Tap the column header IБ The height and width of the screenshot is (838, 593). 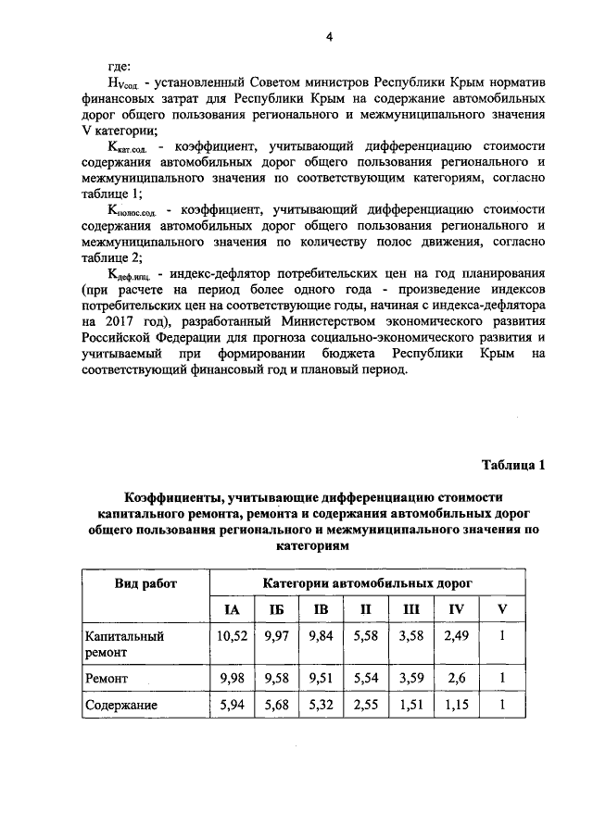[276, 609]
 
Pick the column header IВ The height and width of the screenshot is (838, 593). [321, 609]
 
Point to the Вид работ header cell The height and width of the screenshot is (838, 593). [146, 583]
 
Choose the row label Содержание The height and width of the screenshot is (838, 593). [121, 705]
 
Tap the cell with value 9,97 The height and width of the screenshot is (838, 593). [277, 636]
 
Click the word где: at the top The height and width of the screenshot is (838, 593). [120, 67]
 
